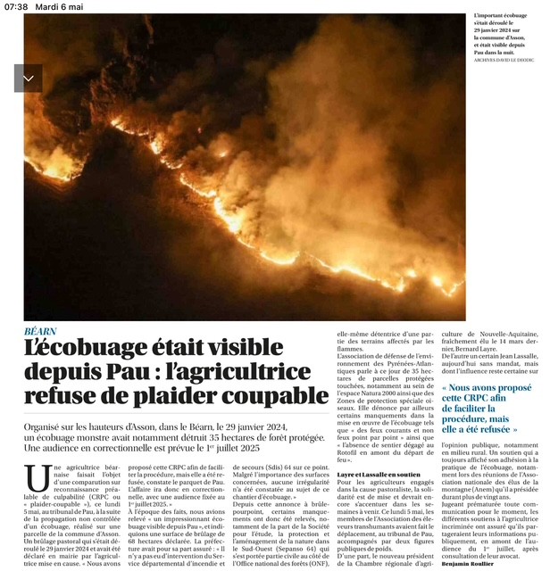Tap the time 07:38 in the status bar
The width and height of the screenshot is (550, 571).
(16, 6)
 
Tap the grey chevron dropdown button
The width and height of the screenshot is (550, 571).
(28, 79)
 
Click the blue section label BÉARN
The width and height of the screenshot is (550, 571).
(45, 331)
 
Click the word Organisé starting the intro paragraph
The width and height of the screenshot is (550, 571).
(50, 428)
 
